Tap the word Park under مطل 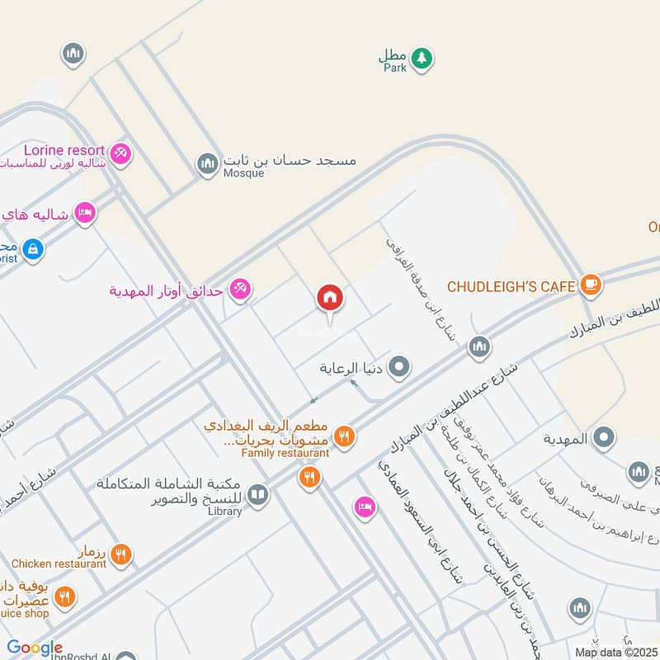coord(394,69)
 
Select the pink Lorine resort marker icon coord(120,154)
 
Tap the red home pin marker coord(330,299)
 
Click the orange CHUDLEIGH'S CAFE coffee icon coord(591,285)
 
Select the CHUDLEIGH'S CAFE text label coord(511,286)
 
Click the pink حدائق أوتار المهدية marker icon coord(239,289)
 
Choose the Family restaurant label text coord(285,453)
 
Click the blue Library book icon coord(257,494)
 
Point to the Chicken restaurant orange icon coord(121,555)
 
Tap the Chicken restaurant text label coord(59,564)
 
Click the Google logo coord(35,648)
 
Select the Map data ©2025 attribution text coord(615,652)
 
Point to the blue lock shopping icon coord(33,247)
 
